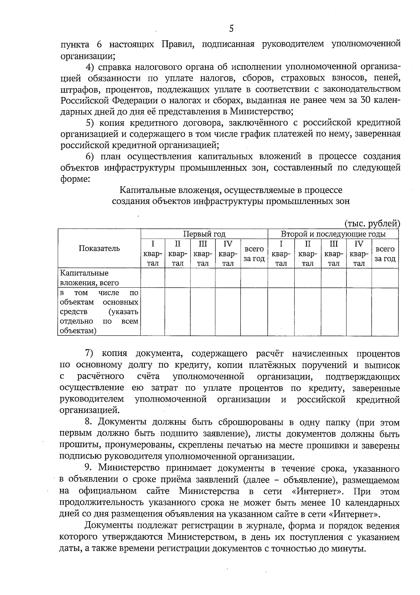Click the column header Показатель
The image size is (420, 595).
pos(99,248)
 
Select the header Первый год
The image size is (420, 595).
pos(204,234)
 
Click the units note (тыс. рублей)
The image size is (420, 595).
pos(372,223)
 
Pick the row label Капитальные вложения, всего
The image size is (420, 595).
pos(89,278)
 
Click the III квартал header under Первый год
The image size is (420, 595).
pos(203,253)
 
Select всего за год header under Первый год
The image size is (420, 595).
pos(254,254)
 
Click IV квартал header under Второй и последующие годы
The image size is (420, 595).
pos(359,253)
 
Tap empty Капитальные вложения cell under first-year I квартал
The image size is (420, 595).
pos(153,278)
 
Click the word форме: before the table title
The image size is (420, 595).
pos(76,179)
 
